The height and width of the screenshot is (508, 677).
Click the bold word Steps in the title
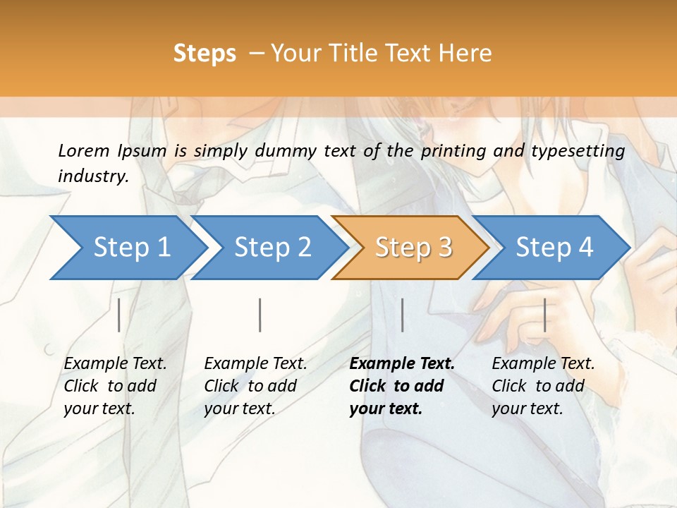coord(205,53)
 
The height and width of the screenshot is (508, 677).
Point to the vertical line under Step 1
coord(119,315)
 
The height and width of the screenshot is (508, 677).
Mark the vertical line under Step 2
coord(260,315)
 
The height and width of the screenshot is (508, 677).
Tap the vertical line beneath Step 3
coord(402,315)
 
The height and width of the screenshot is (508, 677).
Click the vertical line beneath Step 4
coord(544,315)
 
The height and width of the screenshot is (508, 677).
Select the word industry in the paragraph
coord(92,176)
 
